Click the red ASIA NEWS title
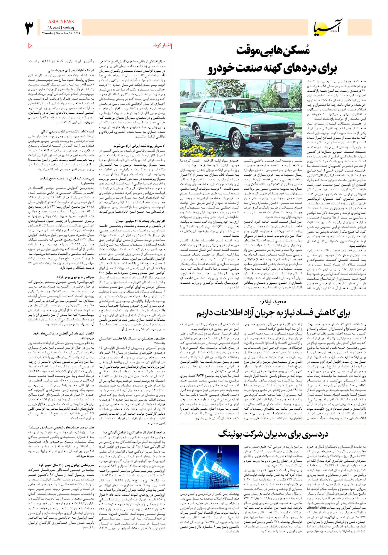click(x=61, y=22)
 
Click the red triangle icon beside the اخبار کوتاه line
click(x=30, y=46)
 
